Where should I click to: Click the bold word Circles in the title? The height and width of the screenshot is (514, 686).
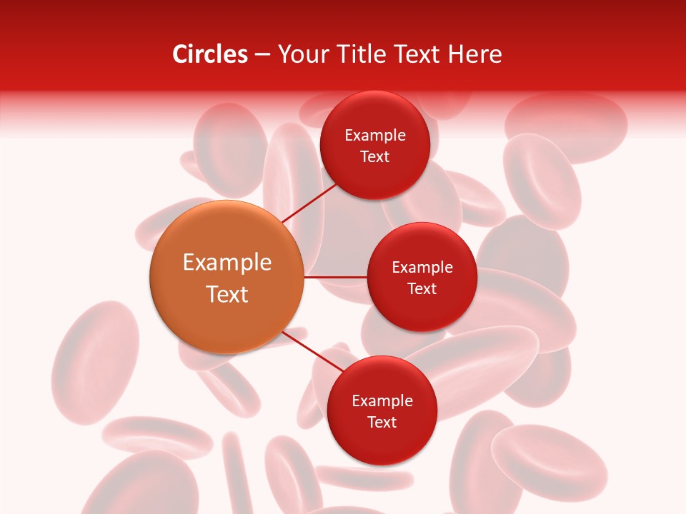point(209,54)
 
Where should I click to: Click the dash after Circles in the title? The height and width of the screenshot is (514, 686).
point(262,55)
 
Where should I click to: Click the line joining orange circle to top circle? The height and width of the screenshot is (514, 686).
point(310,202)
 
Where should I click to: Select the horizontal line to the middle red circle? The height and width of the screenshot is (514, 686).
point(335,277)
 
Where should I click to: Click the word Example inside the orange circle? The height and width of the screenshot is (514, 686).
point(227,263)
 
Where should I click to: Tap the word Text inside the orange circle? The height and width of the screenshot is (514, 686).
point(227,294)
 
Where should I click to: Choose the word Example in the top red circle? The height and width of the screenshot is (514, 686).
point(375,136)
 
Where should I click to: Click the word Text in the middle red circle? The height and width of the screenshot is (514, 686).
point(422,289)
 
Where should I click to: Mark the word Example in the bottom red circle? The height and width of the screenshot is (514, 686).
point(382,401)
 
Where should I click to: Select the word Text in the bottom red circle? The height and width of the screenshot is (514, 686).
point(382,423)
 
